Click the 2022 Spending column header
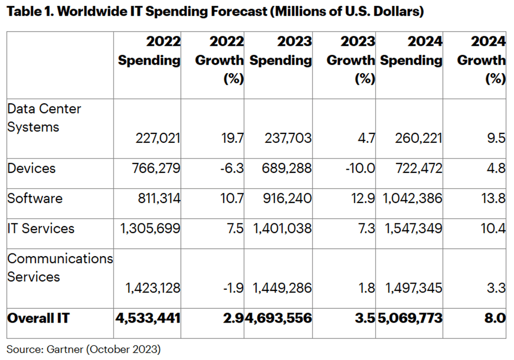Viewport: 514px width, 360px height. point(149,51)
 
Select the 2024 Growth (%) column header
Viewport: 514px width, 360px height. point(481,60)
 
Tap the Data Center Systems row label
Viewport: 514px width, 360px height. point(44,118)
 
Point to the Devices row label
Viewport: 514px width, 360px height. point(31,169)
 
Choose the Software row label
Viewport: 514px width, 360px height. point(35,198)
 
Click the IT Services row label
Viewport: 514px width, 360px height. point(41,228)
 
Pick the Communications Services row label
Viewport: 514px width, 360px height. point(60,268)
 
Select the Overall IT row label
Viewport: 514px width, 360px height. point(38,318)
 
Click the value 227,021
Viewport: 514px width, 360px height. point(158,139)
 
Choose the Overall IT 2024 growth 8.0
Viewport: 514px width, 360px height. point(497,318)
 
